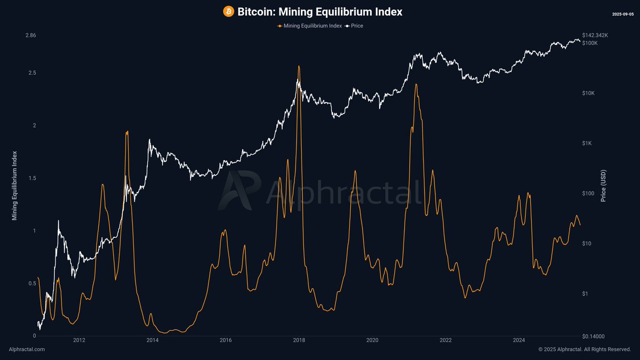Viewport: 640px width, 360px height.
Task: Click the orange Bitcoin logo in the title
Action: pos(228,11)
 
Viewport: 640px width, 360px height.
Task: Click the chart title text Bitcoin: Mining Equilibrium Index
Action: pos(319,11)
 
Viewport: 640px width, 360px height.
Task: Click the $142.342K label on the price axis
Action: pos(595,35)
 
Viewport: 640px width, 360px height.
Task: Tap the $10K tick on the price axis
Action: pos(588,93)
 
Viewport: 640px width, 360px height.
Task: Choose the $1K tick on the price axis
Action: pos(587,143)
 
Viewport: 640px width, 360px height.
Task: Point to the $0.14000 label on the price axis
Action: pos(593,337)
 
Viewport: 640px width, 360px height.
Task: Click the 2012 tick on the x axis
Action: pos(79,340)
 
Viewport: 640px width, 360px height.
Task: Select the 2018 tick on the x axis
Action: pos(299,340)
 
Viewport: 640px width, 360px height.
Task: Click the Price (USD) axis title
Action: pos(603,186)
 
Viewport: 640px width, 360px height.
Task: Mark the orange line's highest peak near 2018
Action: pos(299,66)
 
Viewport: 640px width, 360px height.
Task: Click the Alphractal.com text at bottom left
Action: pos(27,349)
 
